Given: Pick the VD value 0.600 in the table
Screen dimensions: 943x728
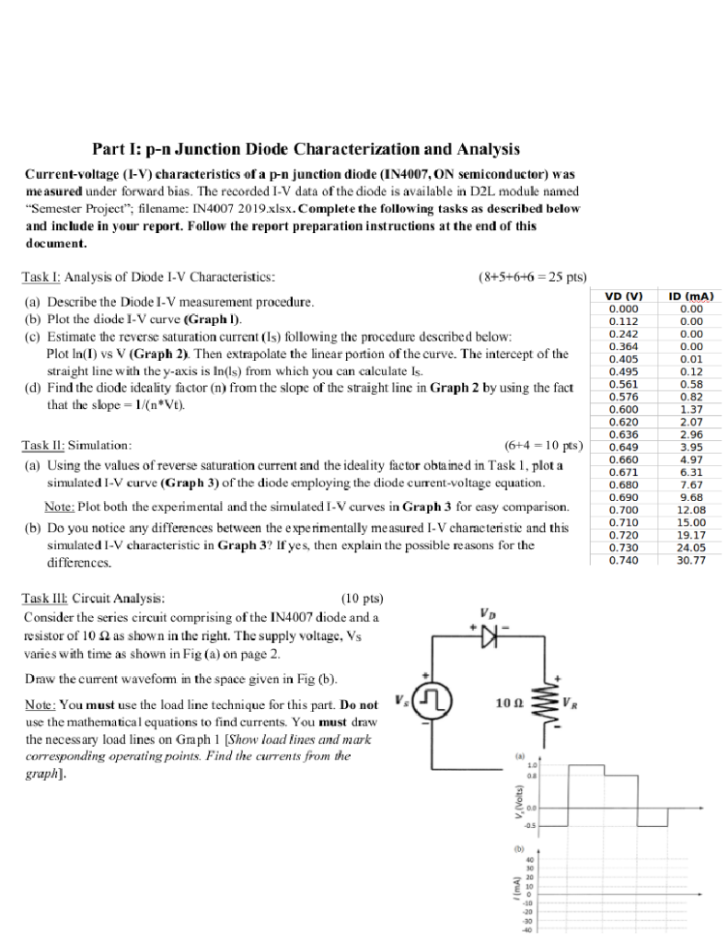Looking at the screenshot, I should tap(624, 409).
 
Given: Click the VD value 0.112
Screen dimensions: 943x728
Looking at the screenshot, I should tap(624, 321).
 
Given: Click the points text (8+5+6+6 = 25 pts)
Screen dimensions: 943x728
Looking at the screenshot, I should tap(534, 275).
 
